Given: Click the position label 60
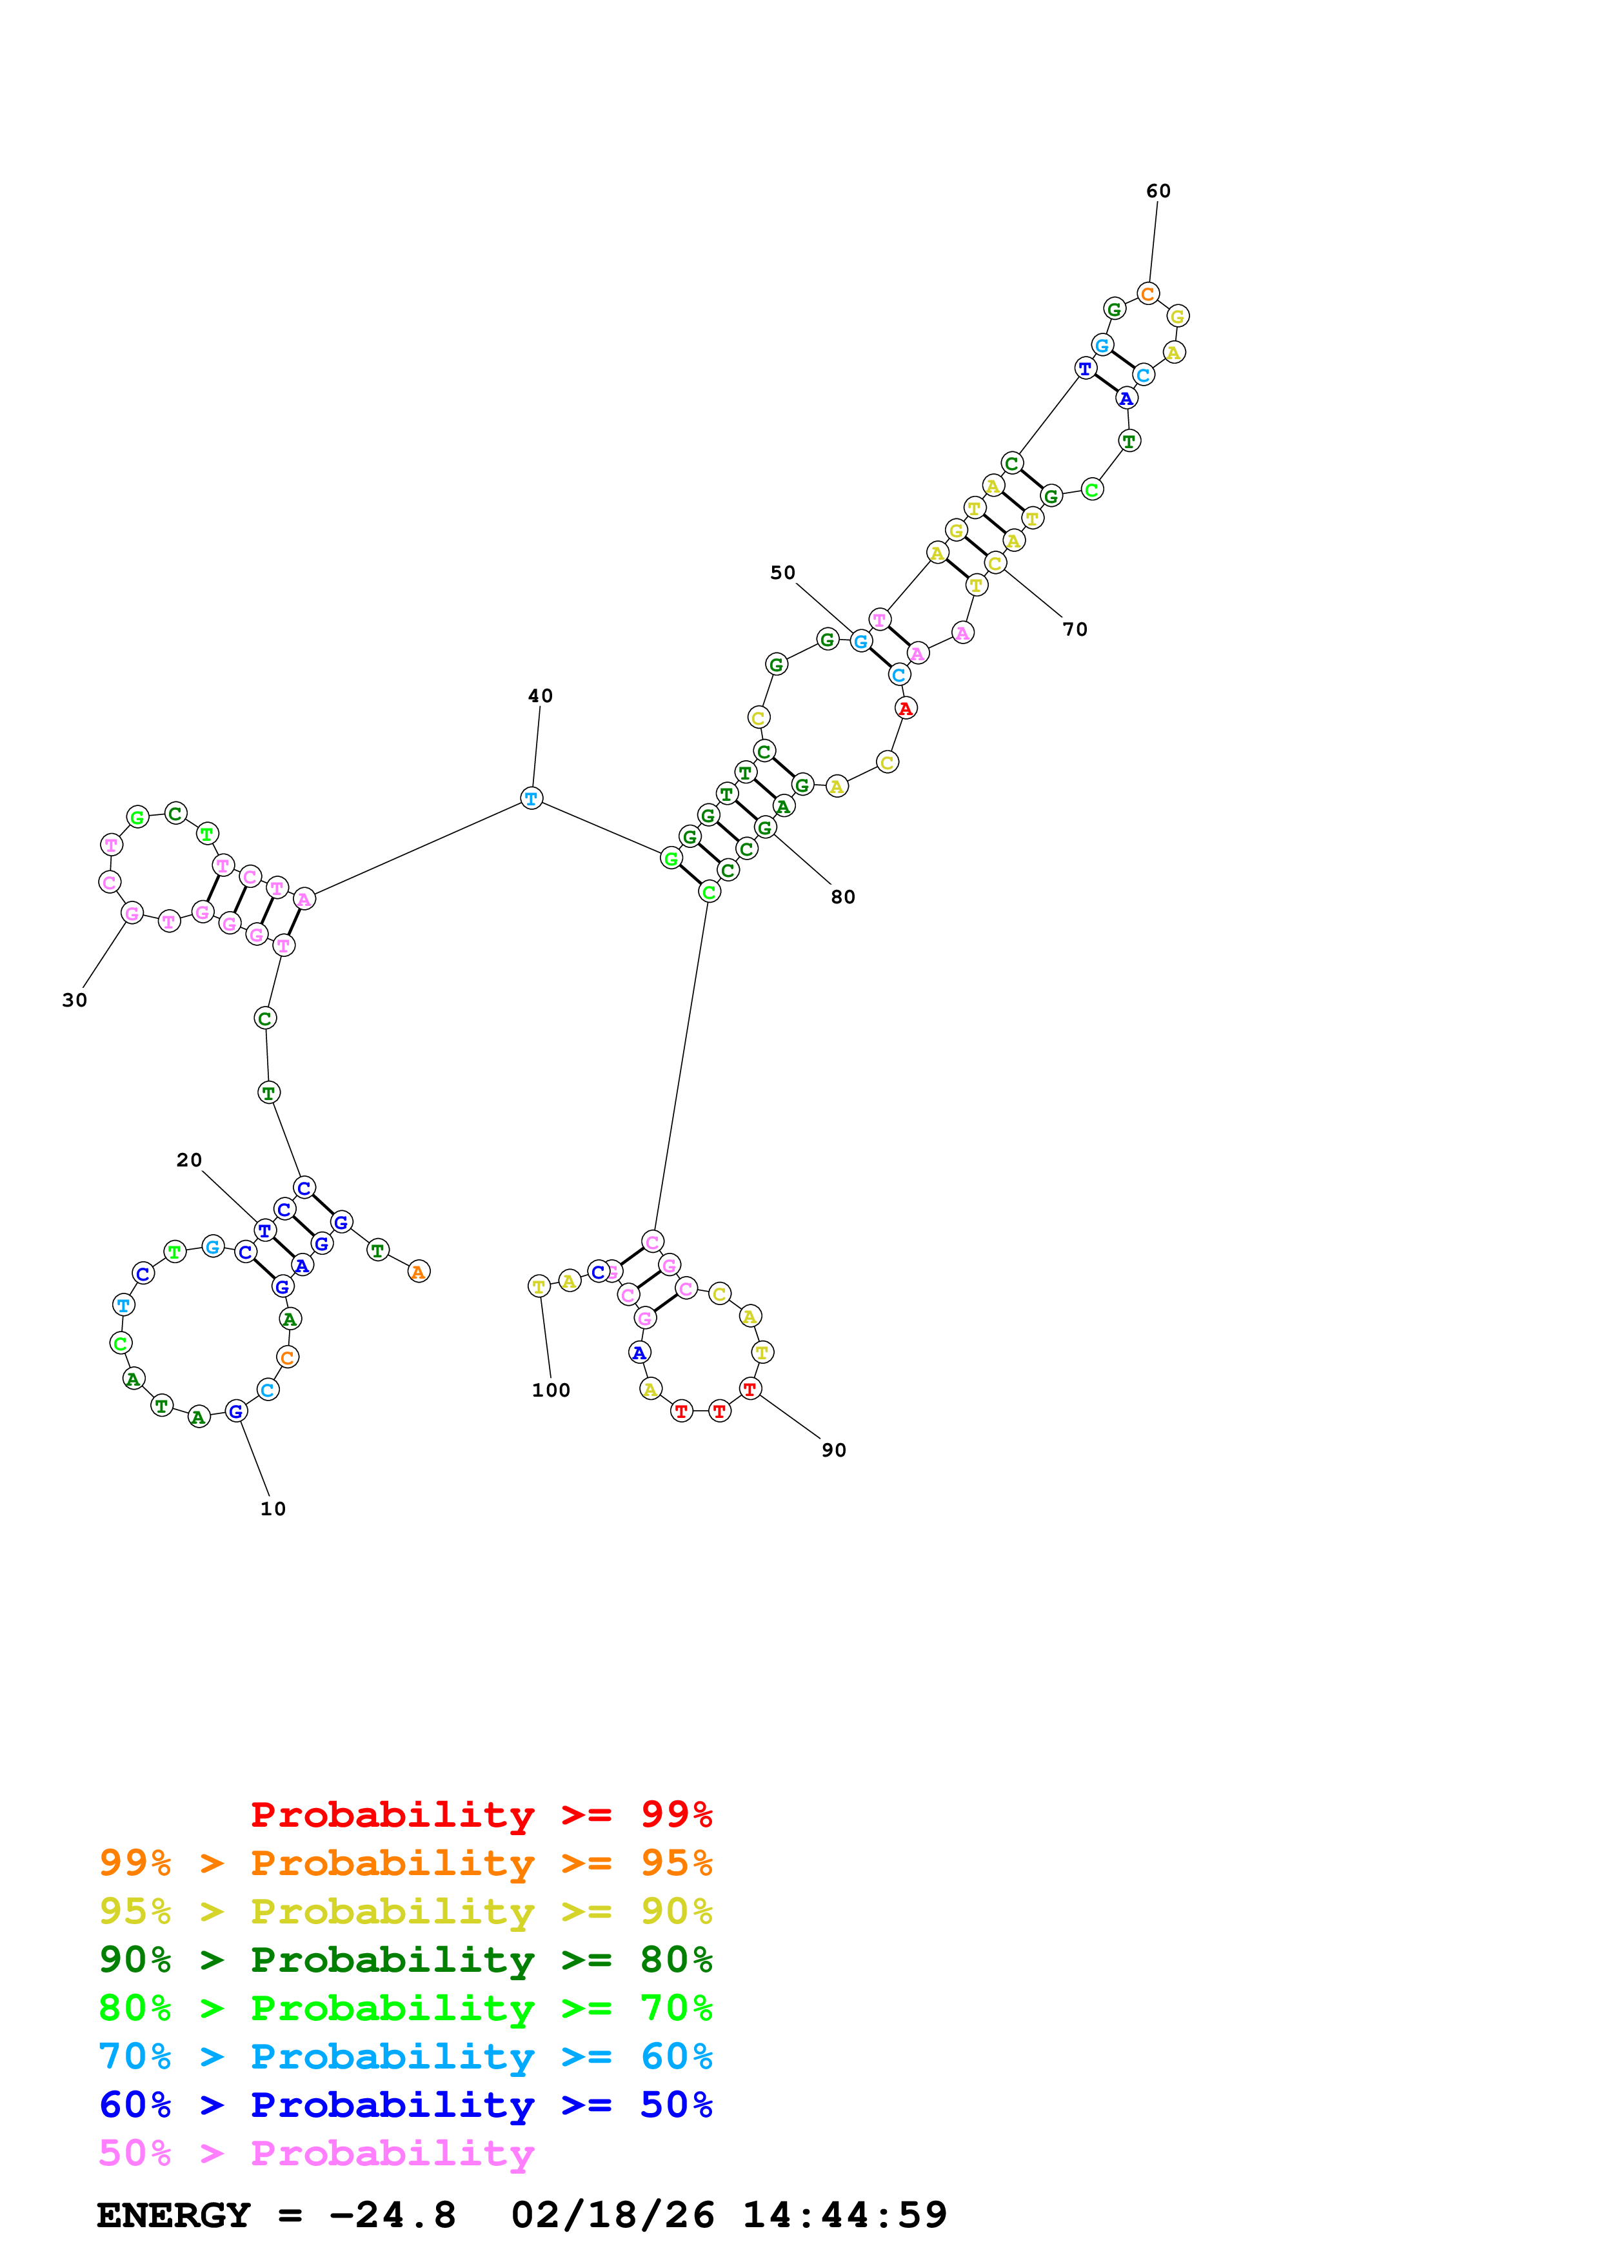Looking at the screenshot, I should (x=1158, y=191).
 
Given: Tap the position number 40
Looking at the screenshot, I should (x=540, y=696).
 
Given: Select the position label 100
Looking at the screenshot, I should (x=551, y=1390).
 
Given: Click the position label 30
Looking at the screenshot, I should (x=75, y=1000).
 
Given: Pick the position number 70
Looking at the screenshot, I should (x=1075, y=629).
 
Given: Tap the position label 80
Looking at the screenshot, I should (x=842, y=896).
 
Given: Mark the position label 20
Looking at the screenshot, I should (x=189, y=1161).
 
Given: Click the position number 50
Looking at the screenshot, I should (x=782, y=573).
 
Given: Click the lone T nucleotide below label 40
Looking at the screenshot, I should (x=531, y=798).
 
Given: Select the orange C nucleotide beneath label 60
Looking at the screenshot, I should (x=1147, y=293).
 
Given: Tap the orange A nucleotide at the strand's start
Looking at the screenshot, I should (x=419, y=1272).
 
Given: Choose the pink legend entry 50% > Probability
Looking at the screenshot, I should (x=316, y=2154).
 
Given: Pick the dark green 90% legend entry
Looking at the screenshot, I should (x=405, y=1960).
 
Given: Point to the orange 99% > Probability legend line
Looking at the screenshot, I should (x=405, y=1863).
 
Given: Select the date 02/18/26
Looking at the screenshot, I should (x=613, y=2216).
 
